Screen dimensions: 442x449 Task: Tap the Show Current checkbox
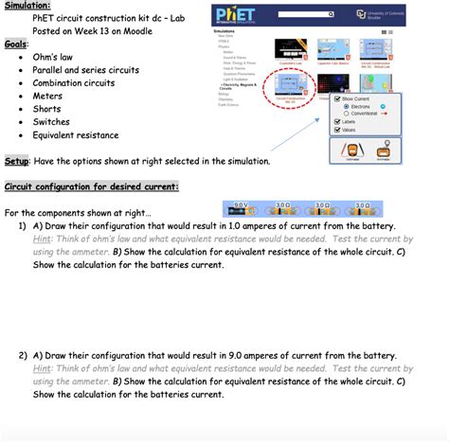click(337, 98)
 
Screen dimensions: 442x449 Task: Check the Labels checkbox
click(337, 122)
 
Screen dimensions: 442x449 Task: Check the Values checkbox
click(337, 133)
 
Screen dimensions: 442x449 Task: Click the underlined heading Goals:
click(16, 44)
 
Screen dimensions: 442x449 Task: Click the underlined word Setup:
click(17, 161)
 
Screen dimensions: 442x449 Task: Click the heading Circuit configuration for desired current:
click(91, 186)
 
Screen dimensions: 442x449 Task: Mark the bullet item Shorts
click(48, 109)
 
